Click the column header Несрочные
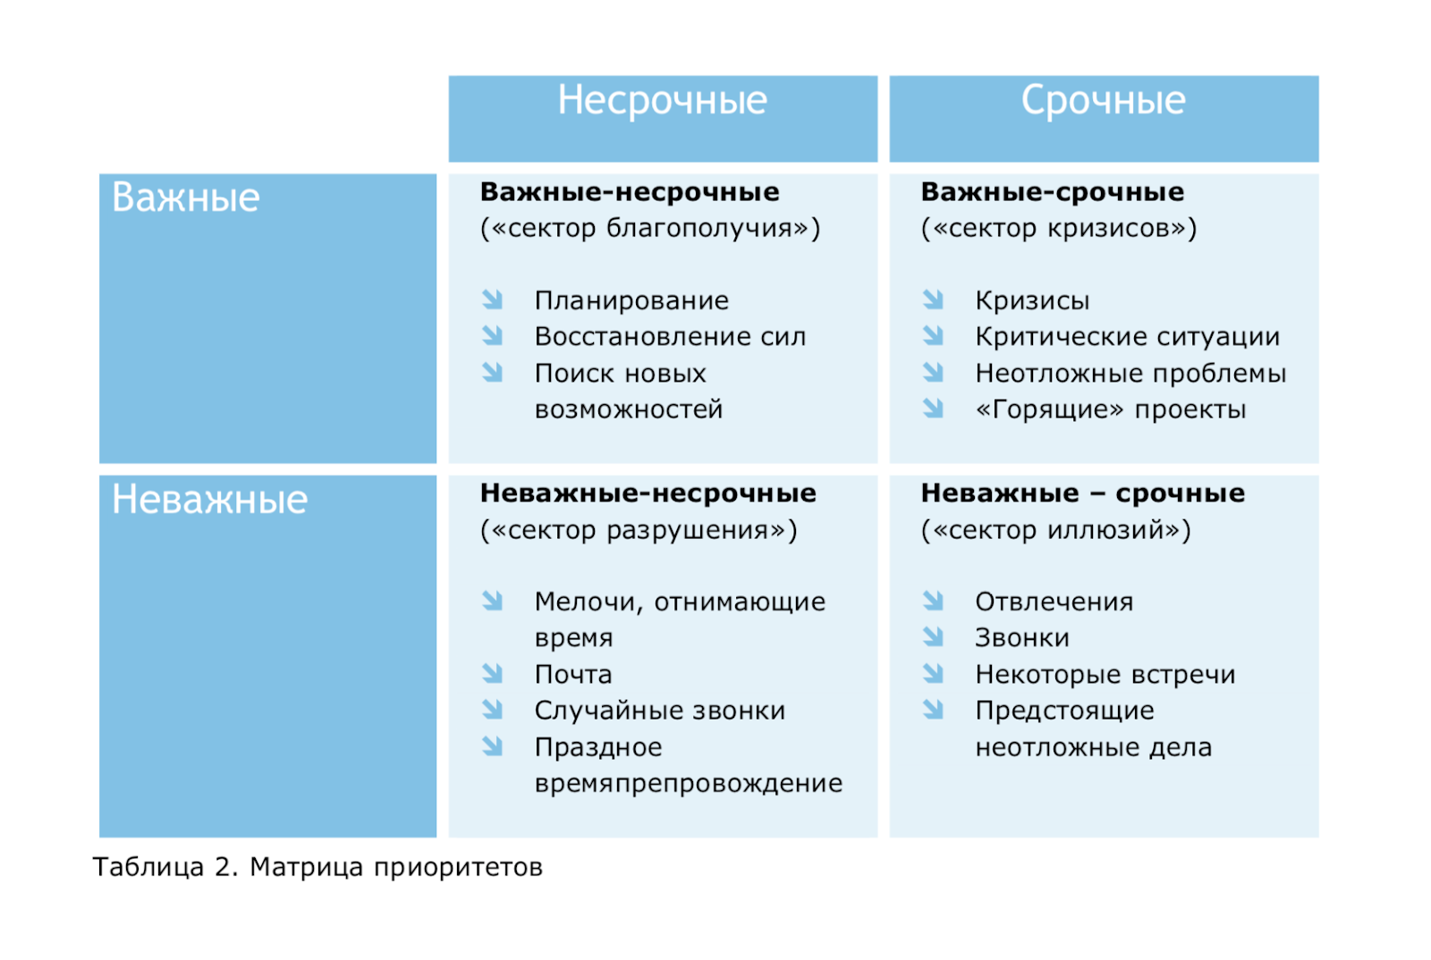(662, 100)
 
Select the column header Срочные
(1103, 100)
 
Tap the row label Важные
(185, 198)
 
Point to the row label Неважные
(209, 500)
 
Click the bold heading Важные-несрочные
(630, 192)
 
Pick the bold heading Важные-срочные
(1052, 192)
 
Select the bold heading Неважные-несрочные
(648, 493)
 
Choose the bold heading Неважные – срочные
(1082, 493)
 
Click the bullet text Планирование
(631, 300)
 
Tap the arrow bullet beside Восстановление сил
(493, 336)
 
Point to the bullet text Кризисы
(1032, 300)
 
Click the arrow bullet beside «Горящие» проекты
(933, 408)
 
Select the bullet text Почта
(573, 674)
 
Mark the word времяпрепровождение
(688, 783)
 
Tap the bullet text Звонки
(1021, 638)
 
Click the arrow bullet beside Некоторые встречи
(933, 673)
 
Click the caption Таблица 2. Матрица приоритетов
(318, 867)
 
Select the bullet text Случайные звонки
(659, 711)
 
